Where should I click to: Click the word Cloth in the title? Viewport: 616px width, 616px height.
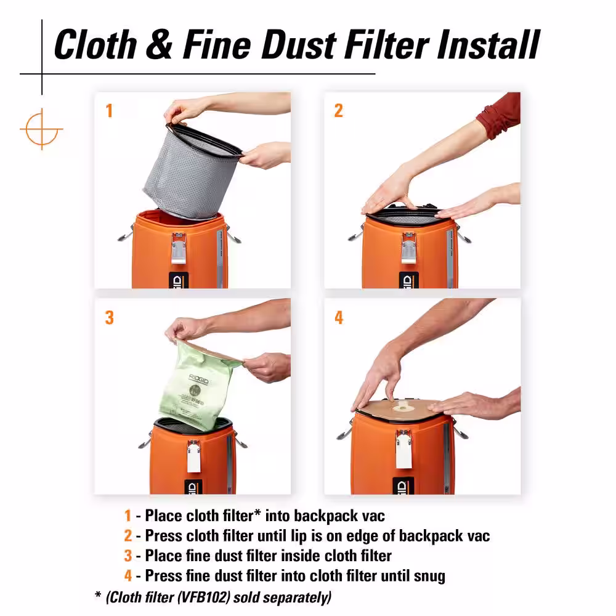[x=95, y=44]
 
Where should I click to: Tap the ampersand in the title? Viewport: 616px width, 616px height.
[x=159, y=44]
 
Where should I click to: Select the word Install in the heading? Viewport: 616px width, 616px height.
[x=488, y=44]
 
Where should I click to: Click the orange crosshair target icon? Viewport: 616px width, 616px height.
[x=41, y=129]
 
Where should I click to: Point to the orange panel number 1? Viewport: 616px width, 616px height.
[x=109, y=110]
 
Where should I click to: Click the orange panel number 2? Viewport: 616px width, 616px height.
[x=338, y=110]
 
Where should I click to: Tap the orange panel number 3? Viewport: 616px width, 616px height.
[x=109, y=317]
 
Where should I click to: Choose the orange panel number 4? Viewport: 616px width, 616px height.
[x=339, y=317]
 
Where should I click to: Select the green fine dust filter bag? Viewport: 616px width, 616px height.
[x=198, y=387]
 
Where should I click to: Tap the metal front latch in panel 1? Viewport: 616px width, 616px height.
[x=179, y=248]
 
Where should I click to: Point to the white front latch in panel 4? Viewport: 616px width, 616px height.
[x=403, y=449]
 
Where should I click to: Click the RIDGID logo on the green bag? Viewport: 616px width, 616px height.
[x=198, y=379]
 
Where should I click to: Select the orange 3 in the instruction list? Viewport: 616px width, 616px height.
[x=128, y=556]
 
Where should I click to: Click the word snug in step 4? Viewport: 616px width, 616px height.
[x=429, y=577]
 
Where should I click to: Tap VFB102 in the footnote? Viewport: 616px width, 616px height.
[x=203, y=597]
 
